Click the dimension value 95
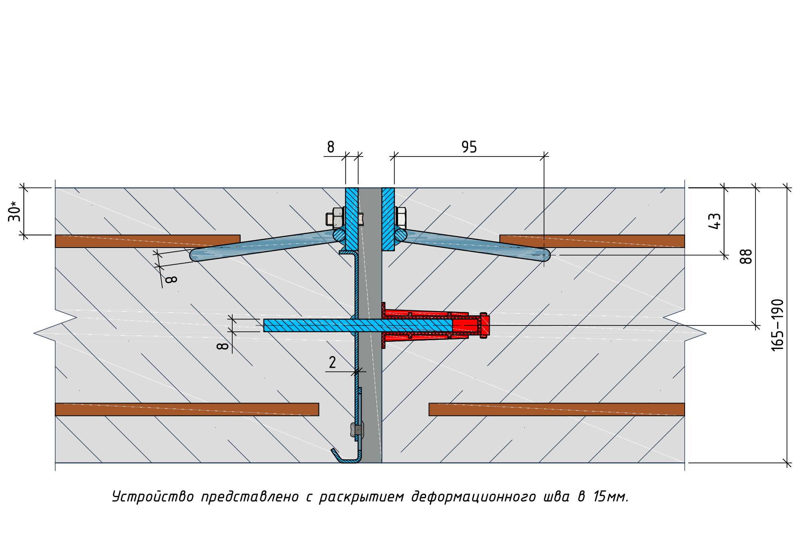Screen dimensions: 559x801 (469, 147)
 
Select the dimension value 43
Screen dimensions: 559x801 (714, 221)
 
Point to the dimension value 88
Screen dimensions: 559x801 (746, 256)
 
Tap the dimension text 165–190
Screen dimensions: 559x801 (777, 325)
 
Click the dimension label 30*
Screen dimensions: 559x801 (14, 212)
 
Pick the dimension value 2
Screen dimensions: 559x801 (332, 363)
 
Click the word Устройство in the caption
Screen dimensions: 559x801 (153, 497)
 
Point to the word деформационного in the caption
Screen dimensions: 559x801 (473, 497)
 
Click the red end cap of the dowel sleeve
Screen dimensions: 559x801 (484, 325)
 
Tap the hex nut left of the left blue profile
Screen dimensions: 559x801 (335, 218)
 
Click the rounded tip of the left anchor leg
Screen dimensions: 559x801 (195, 255)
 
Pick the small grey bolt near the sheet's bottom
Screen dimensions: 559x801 (356, 430)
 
